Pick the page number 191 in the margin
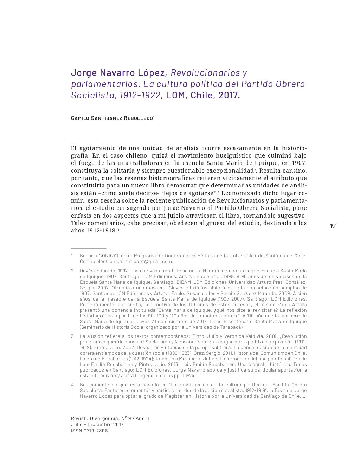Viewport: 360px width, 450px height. pos(333,226)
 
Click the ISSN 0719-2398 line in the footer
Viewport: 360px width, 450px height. pos(89,431)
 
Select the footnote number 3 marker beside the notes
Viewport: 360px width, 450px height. pos(72,336)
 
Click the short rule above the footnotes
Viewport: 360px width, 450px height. pos(88,249)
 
